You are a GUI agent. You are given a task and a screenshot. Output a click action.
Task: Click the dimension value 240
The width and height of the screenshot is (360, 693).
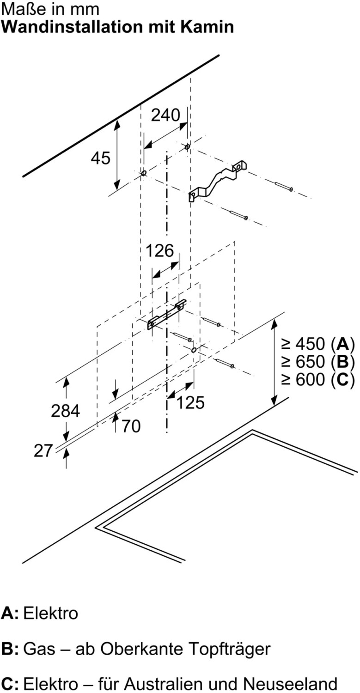pyautogui.click(x=165, y=115)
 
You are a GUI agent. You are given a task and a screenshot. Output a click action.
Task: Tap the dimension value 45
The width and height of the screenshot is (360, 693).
pyautogui.click(x=101, y=158)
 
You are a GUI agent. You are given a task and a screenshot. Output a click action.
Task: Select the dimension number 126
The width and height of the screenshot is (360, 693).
pyautogui.click(x=159, y=250)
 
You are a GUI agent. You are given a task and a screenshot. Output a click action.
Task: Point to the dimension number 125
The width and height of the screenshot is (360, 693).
pyautogui.click(x=190, y=402)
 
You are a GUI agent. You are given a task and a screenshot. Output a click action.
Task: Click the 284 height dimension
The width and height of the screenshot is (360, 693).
pyautogui.click(x=65, y=411)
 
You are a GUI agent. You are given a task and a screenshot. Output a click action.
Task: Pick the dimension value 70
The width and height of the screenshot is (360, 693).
pyautogui.click(x=131, y=426)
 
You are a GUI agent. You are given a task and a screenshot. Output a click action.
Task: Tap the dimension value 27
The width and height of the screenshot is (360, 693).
pyautogui.click(x=43, y=450)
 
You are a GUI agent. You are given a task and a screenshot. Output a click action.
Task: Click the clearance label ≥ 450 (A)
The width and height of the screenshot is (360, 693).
pyautogui.click(x=318, y=344)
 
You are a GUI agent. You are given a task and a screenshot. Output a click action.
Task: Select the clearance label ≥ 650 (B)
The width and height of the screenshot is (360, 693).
pyautogui.click(x=318, y=362)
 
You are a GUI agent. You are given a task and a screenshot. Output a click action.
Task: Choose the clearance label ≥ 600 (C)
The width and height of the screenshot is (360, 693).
pyautogui.click(x=318, y=379)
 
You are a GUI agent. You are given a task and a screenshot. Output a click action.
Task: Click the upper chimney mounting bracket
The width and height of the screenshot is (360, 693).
pyautogui.click(x=218, y=181)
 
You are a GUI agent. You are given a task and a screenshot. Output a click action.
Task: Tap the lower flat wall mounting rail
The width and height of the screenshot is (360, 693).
pyautogui.click(x=167, y=315)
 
